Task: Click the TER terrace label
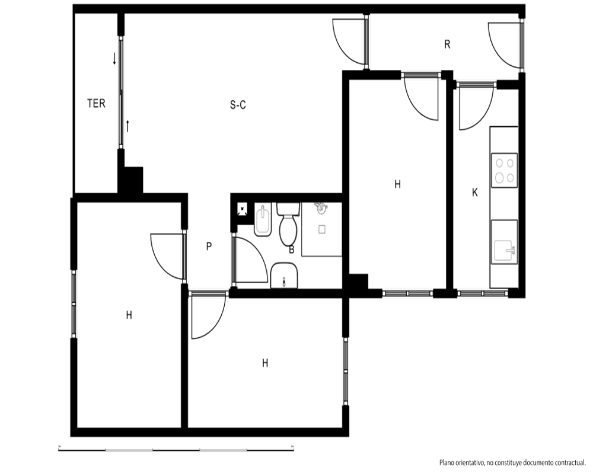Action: tap(96, 103)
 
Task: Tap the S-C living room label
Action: tap(238, 104)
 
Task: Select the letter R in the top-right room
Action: tap(447, 44)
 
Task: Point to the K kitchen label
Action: tap(475, 193)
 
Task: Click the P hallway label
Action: tap(209, 246)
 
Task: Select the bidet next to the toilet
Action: tap(262, 220)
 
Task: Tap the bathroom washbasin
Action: tap(284, 276)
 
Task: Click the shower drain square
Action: tap(322, 229)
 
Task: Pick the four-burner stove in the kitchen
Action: tap(505, 170)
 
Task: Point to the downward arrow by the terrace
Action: tap(114, 59)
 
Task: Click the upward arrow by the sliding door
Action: tap(128, 126)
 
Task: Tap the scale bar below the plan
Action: tap(176, 449)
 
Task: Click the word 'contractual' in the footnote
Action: tap(569, 462)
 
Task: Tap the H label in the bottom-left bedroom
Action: tap(129, 315)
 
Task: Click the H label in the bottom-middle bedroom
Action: tap(265, 363)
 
